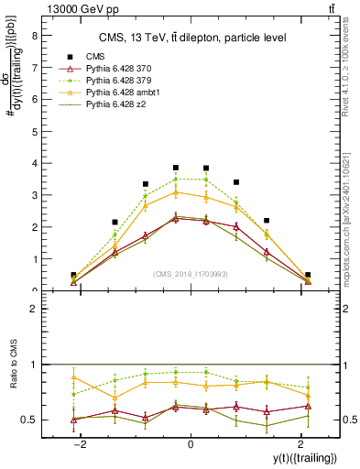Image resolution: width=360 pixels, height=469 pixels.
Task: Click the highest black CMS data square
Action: [176, 168]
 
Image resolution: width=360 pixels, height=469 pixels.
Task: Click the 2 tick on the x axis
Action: [301, 443]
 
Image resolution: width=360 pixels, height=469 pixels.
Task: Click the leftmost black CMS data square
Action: [73, 275]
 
